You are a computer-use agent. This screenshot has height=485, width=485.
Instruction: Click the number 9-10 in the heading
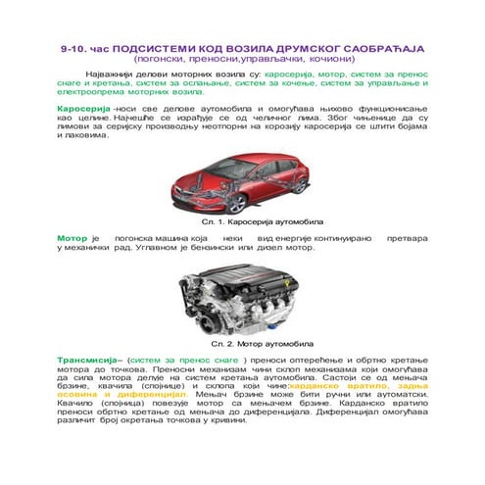tap(73, 47)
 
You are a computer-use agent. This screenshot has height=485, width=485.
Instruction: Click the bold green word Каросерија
tap(83, 103)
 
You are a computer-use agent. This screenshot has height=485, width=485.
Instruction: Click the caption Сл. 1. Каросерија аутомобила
tap(242, 224)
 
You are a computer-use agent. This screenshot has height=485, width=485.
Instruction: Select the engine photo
tap(241, 299)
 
